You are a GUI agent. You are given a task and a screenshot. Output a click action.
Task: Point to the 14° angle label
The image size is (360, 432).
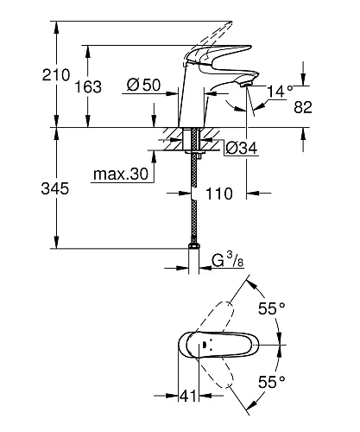[x=281, y=89]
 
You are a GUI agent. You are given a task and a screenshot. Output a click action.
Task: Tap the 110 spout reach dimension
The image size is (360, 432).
[x=220, y=195]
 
